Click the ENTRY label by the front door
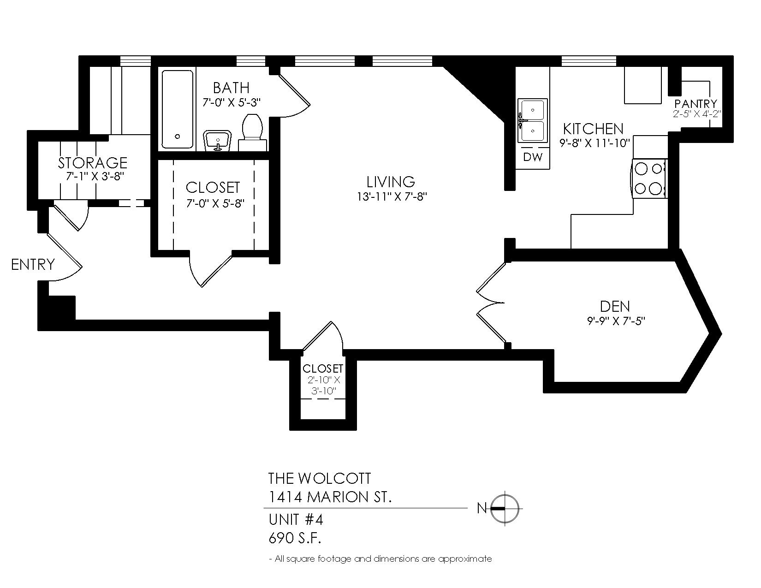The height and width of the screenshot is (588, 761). tap(33, 264)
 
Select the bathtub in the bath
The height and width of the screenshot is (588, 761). tap(178, 109)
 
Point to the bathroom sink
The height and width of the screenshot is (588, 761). tap(218, 141)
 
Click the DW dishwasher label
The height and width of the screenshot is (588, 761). tap(533, 157)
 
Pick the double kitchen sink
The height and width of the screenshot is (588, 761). tap(532, 120)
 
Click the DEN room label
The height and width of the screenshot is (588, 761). tap(615, 306)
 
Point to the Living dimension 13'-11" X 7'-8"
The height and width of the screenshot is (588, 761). tap(392, 197)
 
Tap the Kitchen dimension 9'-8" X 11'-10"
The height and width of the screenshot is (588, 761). tap(595, 143)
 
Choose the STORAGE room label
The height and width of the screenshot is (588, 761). tap(92, 163)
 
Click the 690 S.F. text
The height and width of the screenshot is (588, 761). tap(295, 538)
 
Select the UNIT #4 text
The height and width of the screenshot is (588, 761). tap(296, 520)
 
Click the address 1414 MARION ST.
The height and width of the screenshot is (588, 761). tap(330, 497)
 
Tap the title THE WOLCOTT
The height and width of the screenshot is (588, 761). tap(319, 478)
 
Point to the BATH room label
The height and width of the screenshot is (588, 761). tap(231, 88)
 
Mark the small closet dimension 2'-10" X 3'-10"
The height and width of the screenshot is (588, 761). tap(324, 385)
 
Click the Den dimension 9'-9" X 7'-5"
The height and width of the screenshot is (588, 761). tap(616, 321)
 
